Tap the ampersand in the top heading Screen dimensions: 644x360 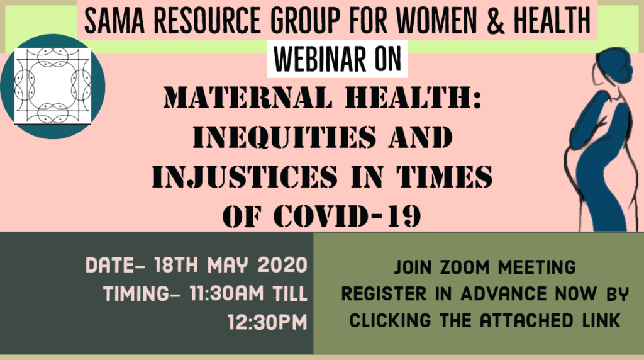point(496,20)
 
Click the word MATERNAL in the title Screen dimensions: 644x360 point(248,98)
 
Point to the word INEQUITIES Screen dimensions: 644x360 point(284,137)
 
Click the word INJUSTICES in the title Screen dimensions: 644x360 point(245,176)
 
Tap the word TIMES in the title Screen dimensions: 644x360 point(445,176)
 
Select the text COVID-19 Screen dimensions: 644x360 point(347,215)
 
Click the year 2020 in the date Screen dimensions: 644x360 point(282,265)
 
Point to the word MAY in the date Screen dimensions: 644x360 point(228,265)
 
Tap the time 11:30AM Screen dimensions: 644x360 point(226,293)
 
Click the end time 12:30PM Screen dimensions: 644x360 point(268,322)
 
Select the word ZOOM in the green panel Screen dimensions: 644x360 point(465,267)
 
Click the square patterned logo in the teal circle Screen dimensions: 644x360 point(53,86)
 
